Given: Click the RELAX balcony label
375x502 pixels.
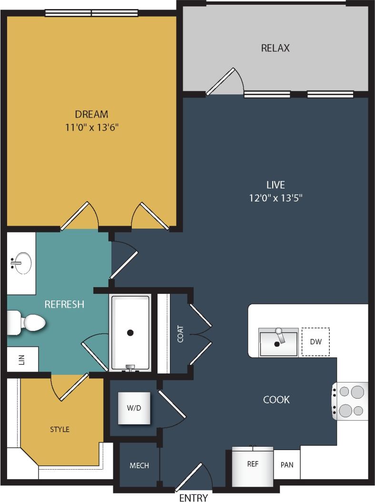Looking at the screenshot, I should click(x=275, y=48).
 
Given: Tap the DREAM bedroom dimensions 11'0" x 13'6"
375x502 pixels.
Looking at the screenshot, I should click(x=91, y=127).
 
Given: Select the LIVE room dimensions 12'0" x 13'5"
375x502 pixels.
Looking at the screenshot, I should click(x=276, y=197).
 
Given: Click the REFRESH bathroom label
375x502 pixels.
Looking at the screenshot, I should click(x=64, y=304).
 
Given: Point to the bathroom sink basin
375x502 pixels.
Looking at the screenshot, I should click(x=22, y=262).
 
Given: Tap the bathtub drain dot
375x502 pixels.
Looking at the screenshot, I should click(x=130, y=333).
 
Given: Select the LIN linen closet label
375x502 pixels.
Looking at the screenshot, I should click(x=21, y=360).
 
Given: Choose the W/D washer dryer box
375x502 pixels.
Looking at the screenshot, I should click(x=134, y=408).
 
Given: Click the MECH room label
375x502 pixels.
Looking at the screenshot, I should click(x=139, y=465).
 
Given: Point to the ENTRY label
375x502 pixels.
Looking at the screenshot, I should click(x=193, y=498).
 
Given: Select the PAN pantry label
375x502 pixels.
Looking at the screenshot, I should click(x=286, y=465).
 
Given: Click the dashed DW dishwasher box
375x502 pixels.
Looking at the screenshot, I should click(x=316, y=341).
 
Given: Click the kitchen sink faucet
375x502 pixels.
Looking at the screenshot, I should click(x=281, y=336).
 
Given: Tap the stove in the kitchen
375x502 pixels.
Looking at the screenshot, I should click(x=351, y=401).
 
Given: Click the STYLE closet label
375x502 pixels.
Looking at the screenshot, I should click(x=59, y=429).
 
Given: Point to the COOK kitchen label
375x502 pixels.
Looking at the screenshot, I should click(x=276, y=399).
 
